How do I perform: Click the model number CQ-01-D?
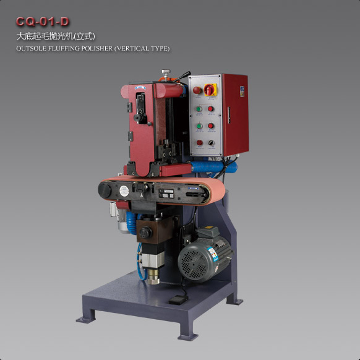pos(43,22)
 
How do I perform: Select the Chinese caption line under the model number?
pos(56,36)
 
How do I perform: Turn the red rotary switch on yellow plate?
pos(210,90)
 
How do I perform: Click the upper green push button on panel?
pos(199,109)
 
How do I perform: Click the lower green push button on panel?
pos(199,126)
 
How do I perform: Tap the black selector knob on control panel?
pos(211,143)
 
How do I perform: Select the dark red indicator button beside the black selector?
pos(200,142)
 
